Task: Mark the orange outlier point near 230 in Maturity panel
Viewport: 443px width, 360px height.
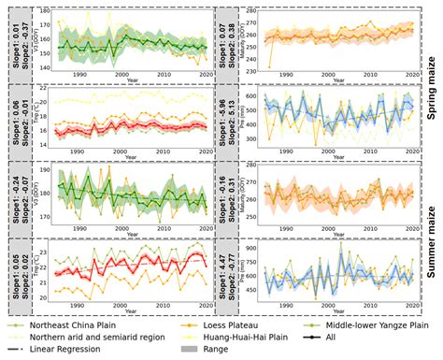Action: click(270, 66)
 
